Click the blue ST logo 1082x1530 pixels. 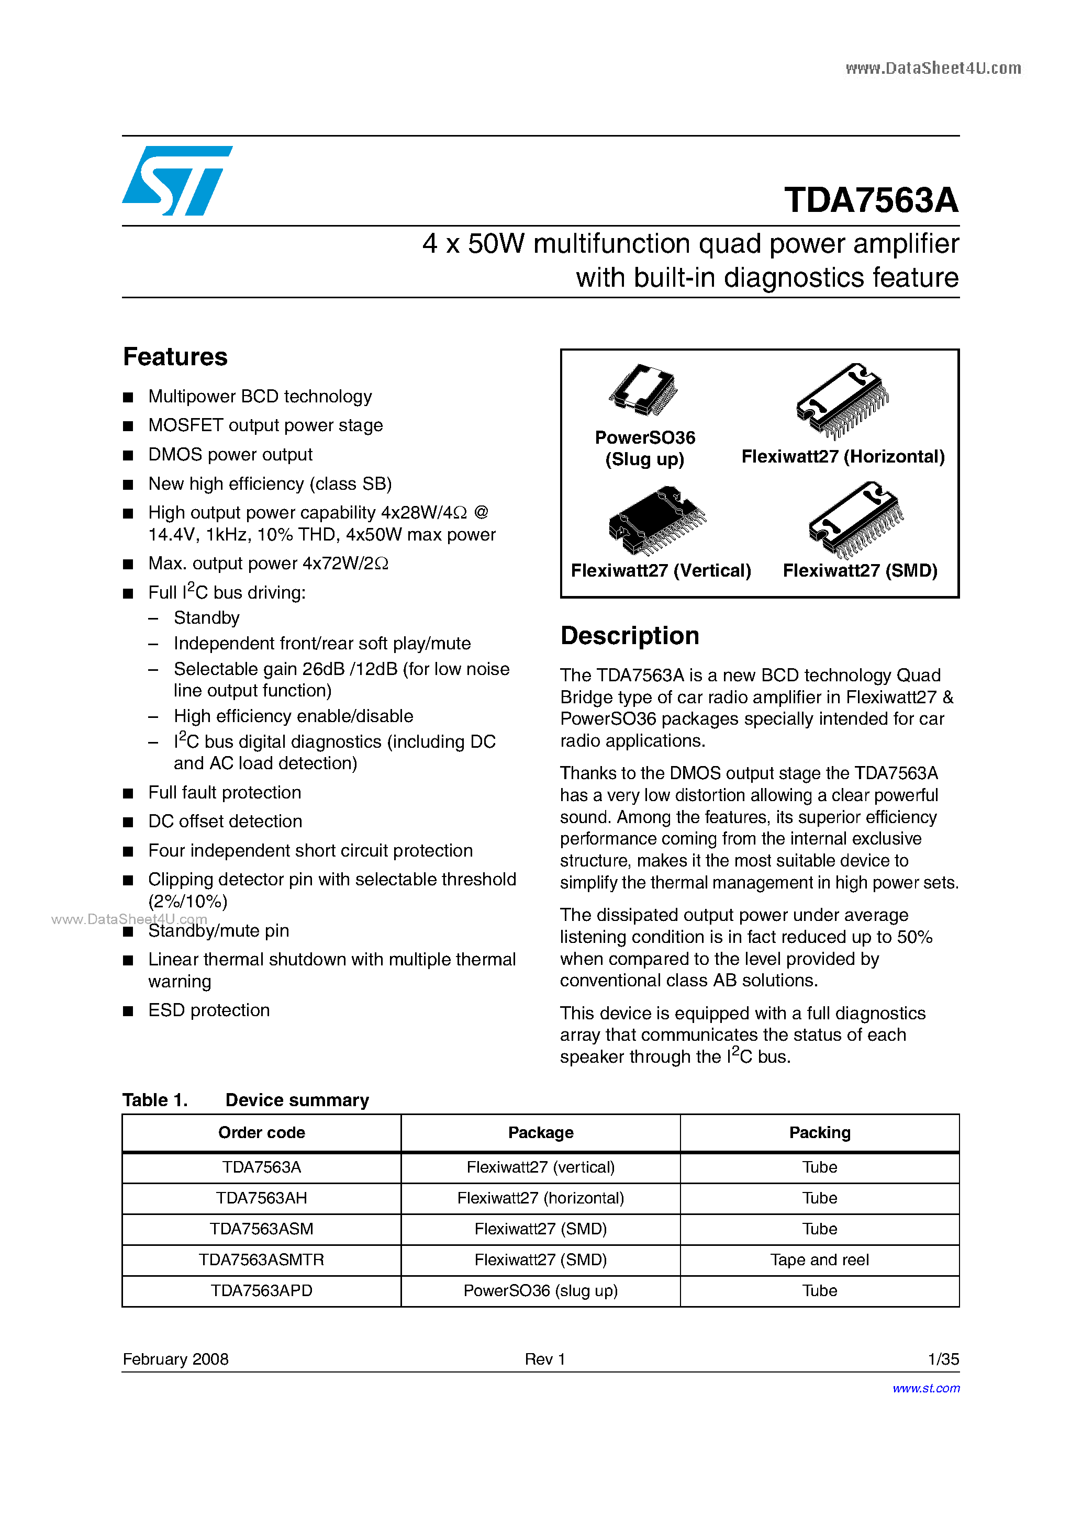pyautogui.click(x=176, y=181)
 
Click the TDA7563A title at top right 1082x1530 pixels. pyautogui.click(x=871, y=200)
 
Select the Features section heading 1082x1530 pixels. pyautogui.click(x=175, y=357)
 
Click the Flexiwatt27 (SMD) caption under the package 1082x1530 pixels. pyautogui.click(x=860, y=571)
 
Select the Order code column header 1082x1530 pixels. pyautogui.click(x=261, y=1133)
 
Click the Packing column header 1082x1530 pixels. pyautogui.click(x=819, y=1133)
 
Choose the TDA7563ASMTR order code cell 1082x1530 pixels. pyautogui.click(x=261, y=1260)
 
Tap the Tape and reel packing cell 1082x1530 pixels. pyautogui.click(x=819, y=1260)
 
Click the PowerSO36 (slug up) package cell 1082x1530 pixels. pyautogui.click(x=540, y=1291)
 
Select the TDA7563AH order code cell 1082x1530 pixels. pyautogui.click(x=261, y=1198)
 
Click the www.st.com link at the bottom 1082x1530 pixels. pyautogui.click(x=926, y=1388)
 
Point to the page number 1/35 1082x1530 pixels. pyautogui.click(x=943, y=1359)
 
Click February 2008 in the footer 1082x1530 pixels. pyautogui.click(x=175, y=1359)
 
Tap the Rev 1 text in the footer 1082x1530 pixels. pyautogui.click(x=545, y=1359)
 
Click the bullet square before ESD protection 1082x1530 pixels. pyautogui.click(x=128, y=1011)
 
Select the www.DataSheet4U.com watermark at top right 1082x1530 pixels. pyautogui.click(x=933, y=68)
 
